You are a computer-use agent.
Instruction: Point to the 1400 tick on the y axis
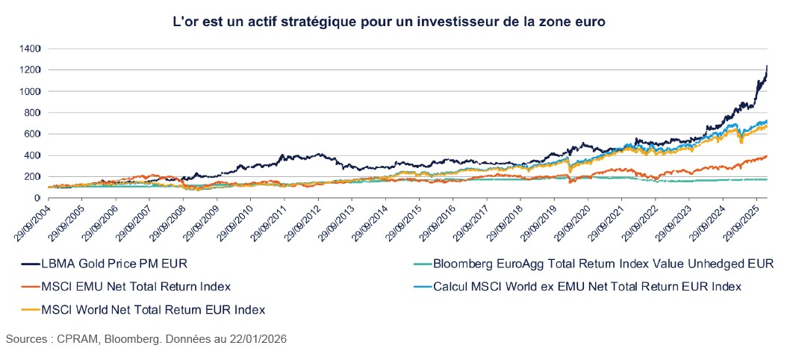tap(31, 49)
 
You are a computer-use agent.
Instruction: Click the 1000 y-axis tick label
tap(31, 91)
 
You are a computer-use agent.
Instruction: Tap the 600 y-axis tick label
tap(34, 134)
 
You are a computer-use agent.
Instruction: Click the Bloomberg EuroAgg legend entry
tap(594, 263)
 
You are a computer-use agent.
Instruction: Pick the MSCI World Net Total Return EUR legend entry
tap(149, 309)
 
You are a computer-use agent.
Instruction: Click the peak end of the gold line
tap(767, 66)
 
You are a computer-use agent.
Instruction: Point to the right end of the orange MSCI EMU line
tap(767, 156)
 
